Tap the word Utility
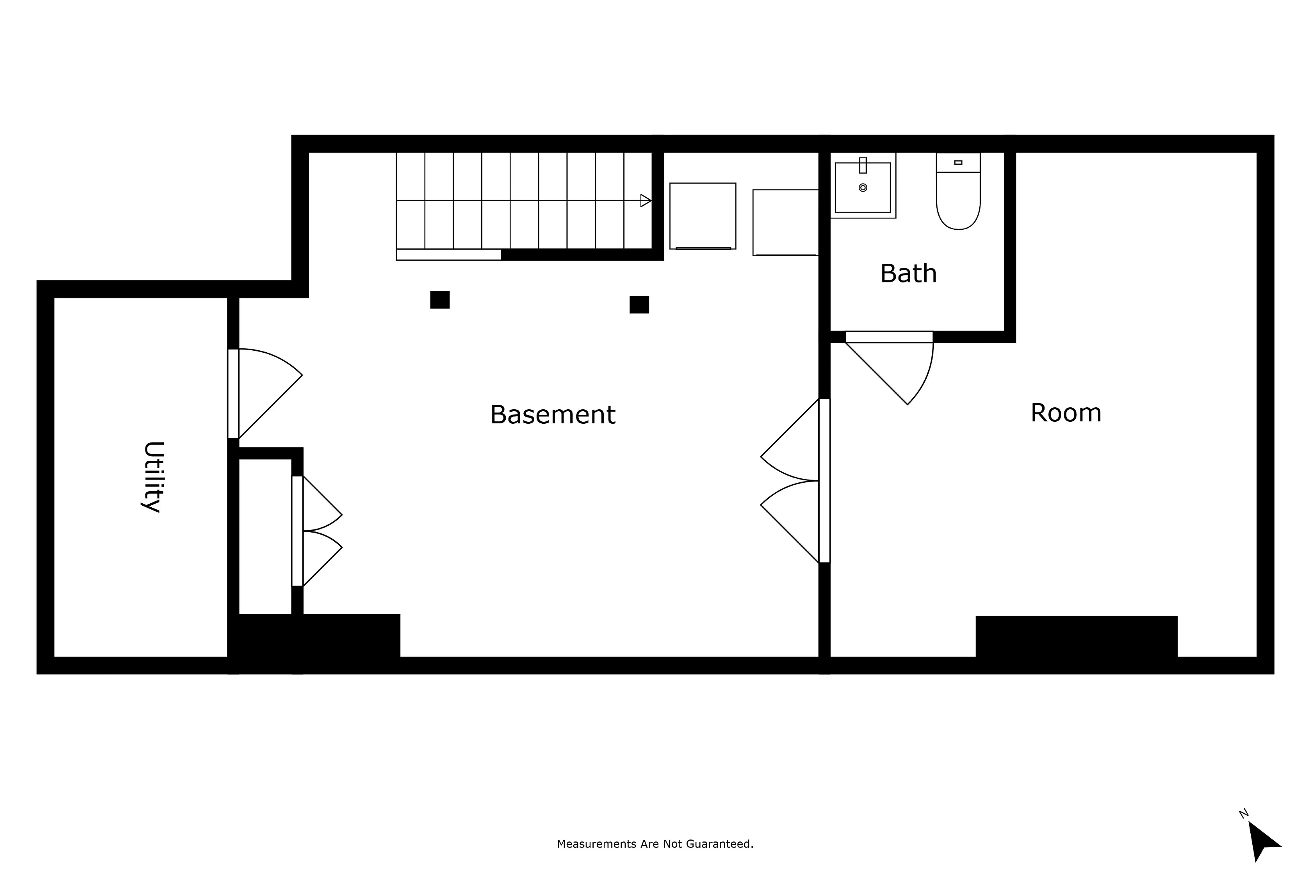[x=153, y=477]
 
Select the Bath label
[x=908, y=274]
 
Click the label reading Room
[x=1065, y=413]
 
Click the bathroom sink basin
[x=862, y=188]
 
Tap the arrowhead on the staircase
[x=645, y=201]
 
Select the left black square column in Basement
[x=439, y=300]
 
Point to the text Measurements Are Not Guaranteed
[x=655, y=844]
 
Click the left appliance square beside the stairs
[x=702, y=216]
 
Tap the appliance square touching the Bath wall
[x=785, y=223]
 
